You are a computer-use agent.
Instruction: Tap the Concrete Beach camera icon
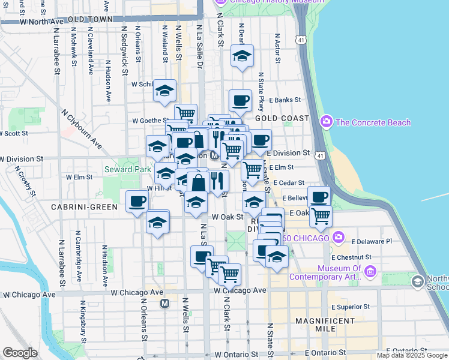pos(327,122)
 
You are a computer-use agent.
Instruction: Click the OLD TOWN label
pos(91,19)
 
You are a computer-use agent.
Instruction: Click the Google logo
pos(20,353)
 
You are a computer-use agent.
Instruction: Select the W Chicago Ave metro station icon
pos(164,304)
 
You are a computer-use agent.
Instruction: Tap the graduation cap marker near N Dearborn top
pos(241,56)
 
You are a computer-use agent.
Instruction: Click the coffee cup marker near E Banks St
pos(240,100)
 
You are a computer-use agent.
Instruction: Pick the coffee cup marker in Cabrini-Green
pos(137,201)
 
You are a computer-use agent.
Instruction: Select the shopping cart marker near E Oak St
pos(321,215)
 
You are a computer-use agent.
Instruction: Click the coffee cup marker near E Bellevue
pos(319,196)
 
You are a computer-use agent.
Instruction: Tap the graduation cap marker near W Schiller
pos(164,91)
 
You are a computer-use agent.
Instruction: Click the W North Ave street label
pos(41,21)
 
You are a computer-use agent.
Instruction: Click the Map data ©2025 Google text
pos(412,355)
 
